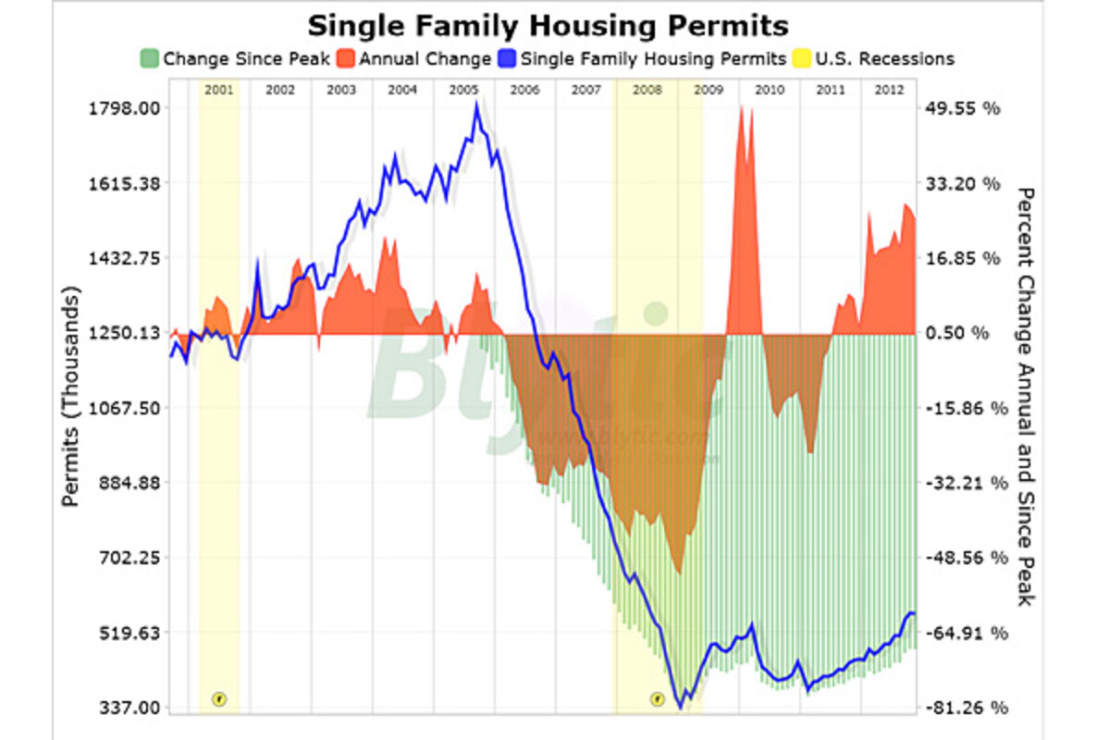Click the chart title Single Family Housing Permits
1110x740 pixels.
[549, 24]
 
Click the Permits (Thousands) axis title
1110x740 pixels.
[71, 396]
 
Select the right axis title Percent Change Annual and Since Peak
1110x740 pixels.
[1025, 396]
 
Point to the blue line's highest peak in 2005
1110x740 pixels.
[477, 103]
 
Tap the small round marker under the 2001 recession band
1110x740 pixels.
[219, 698]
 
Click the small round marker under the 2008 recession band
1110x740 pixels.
[657, 698]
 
